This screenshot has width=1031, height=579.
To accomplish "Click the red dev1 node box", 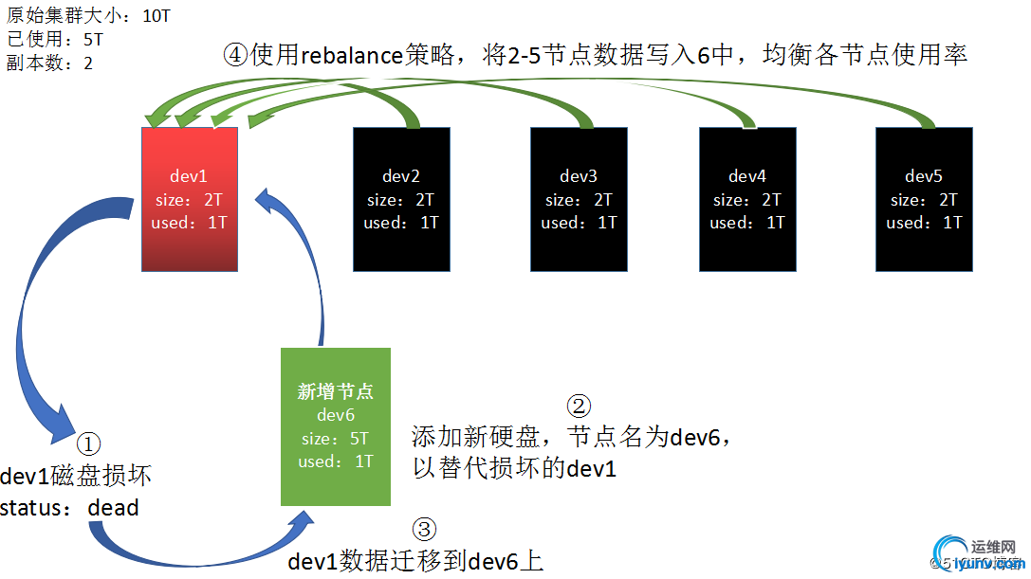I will [x=189, y=199].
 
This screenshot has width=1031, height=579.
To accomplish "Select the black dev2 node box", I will [x=401, y=199].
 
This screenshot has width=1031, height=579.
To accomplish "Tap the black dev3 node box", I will [x=579, y=199].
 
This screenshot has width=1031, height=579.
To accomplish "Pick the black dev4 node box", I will [x=747, y=199].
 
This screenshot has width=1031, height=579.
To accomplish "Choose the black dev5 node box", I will [x=925, y=199].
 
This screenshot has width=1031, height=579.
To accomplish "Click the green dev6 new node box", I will [x=336, y=426].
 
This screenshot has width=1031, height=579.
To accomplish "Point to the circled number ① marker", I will [x=88, y=443].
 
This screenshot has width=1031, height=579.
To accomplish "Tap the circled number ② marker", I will [x=579, y=406].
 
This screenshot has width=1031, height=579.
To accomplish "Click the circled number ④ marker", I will [x=235, y=54].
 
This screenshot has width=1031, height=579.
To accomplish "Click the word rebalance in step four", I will [x=352, y=55].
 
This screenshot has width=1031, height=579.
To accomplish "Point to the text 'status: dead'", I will [x=69, y=508].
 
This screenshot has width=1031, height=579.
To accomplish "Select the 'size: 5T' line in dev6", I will [x=336, y=439].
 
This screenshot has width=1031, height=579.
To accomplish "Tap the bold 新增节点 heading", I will [x=336, y=392].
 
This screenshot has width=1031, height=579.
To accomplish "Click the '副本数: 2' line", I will [x=49, y=63].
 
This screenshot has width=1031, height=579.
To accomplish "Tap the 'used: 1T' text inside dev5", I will [x=925, y=223].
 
